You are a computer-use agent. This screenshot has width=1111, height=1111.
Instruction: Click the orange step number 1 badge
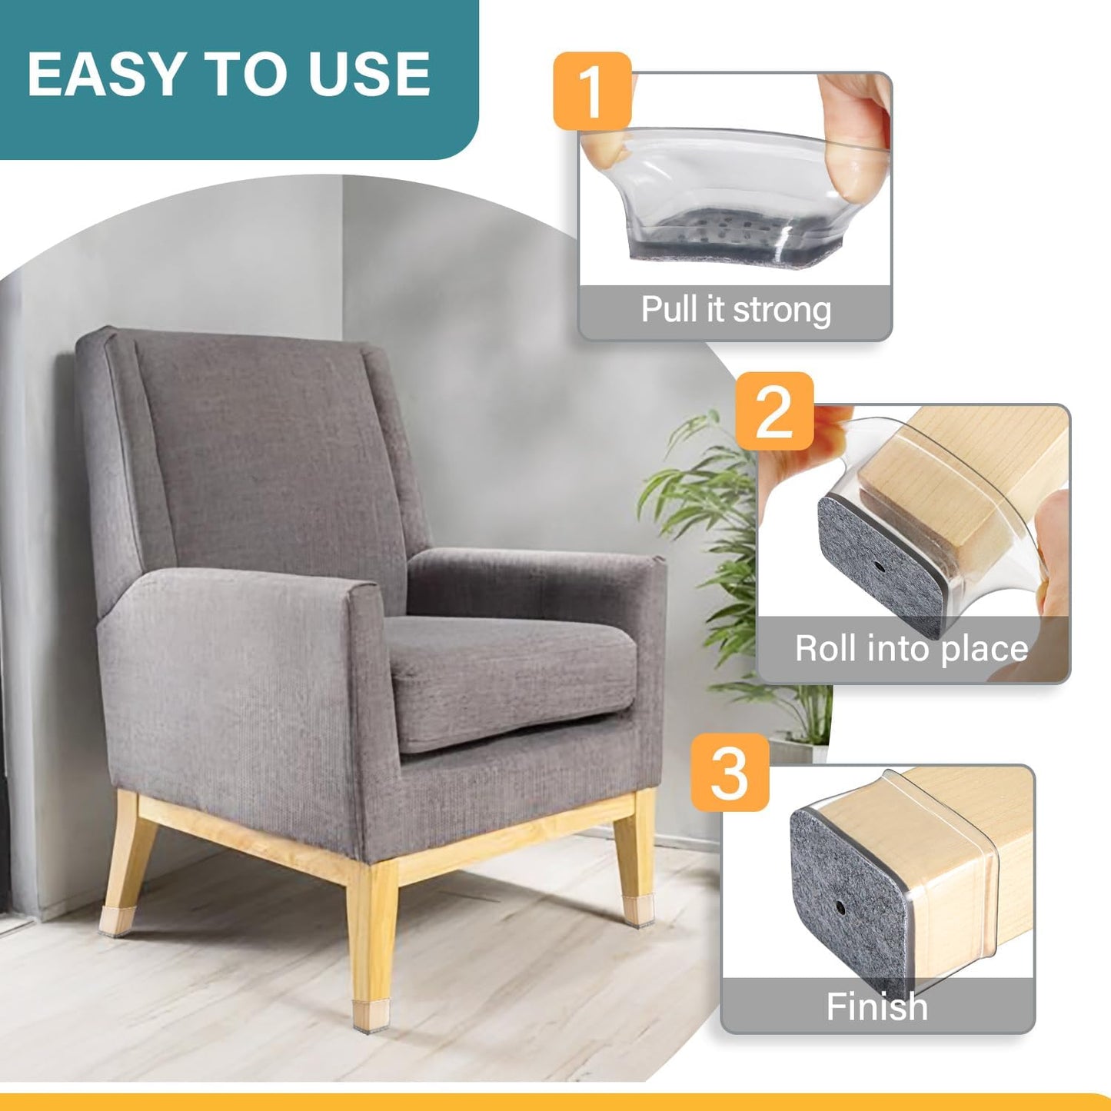591,91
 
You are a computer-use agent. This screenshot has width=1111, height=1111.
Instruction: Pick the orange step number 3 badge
730,772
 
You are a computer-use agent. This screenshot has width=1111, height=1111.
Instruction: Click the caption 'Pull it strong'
736,310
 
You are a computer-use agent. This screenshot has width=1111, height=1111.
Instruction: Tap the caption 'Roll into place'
911,648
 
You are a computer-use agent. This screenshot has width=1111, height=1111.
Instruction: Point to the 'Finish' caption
876,1006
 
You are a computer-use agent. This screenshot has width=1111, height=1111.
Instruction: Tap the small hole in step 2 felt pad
879,567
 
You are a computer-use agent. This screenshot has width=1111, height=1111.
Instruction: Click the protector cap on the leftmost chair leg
115,920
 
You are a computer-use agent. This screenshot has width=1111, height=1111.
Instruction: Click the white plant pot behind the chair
792,750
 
